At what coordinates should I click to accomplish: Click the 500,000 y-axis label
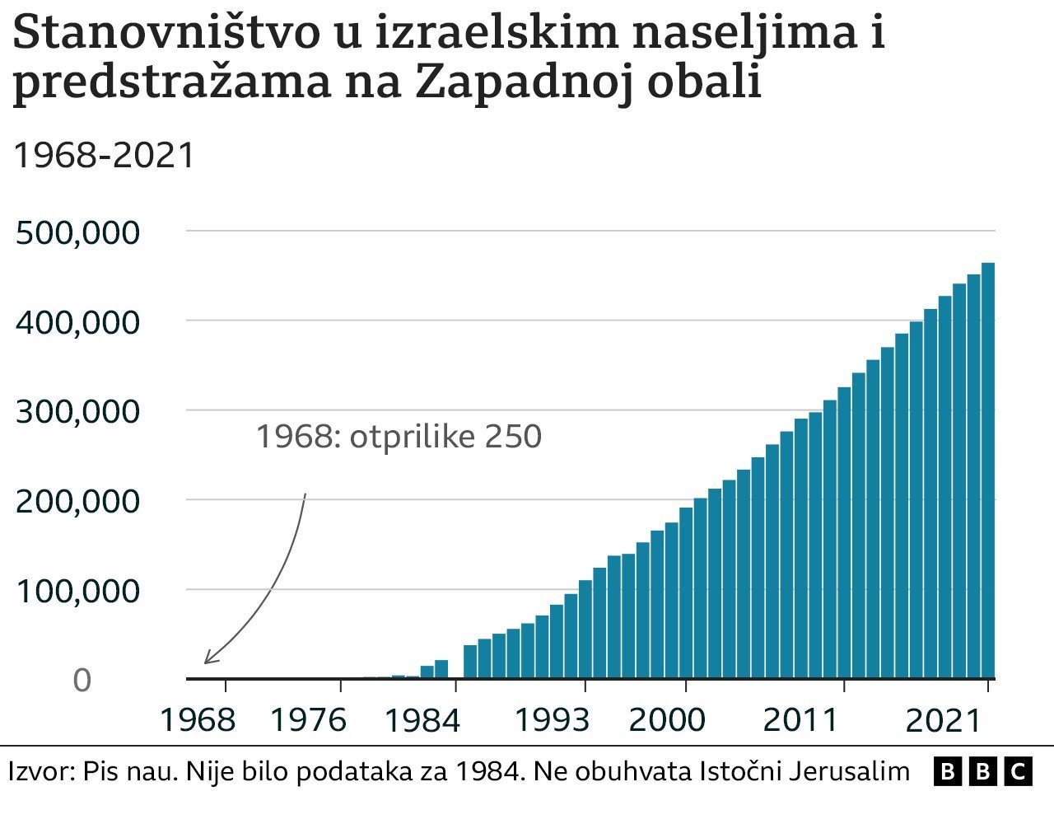point(77,233)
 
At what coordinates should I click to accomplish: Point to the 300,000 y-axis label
point(77,411)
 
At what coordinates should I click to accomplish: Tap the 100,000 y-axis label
point(77,591)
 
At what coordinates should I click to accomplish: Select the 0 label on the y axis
point(82,681)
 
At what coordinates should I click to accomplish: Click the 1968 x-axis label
point(197,720)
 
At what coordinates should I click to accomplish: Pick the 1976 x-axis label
point(309,720)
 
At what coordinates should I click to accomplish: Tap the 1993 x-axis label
point(553,720)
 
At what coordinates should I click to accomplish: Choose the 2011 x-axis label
point(800,720)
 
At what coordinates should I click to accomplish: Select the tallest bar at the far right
point(987,470)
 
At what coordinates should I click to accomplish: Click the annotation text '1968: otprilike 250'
point(399,436)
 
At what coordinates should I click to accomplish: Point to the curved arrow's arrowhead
point(207,661)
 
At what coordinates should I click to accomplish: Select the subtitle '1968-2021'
point(104,155)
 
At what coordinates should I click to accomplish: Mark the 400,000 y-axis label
point(77,322)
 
